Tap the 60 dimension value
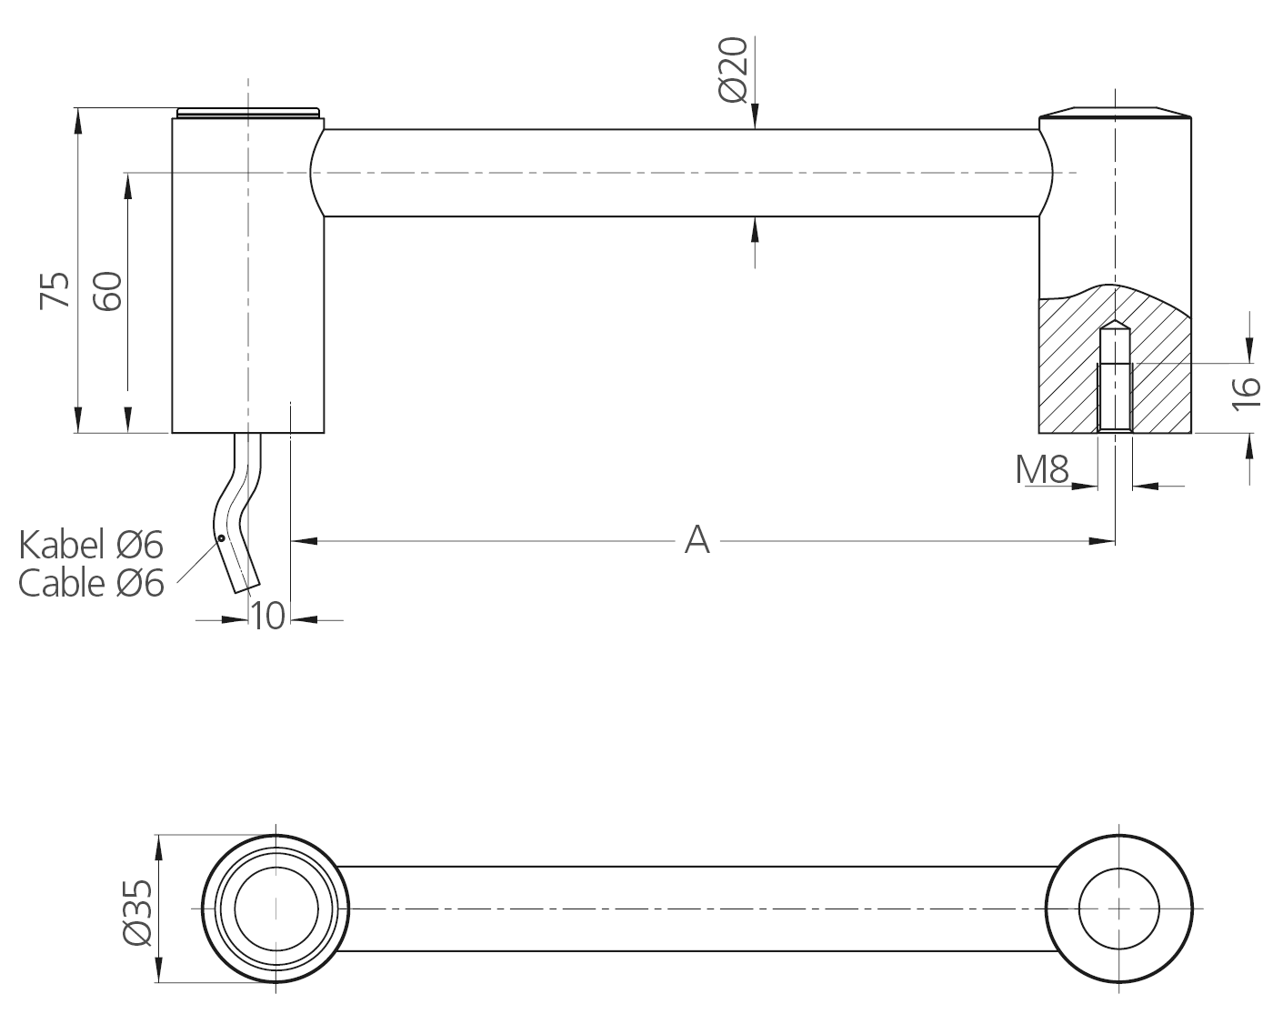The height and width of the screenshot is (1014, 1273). coord(108,290)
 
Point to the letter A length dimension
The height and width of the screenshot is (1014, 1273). coord(697,539)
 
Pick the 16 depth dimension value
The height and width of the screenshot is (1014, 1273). coord(1247,388)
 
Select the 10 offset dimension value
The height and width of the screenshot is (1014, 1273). coord(267,616)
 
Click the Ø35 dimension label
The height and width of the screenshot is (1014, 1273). coord(136,912)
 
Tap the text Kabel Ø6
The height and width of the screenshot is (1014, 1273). coord(91,545)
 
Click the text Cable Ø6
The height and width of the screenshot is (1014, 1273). coord(91,583)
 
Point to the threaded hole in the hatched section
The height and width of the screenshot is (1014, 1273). coord(1115,396)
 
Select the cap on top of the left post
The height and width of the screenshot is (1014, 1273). coord(248,112)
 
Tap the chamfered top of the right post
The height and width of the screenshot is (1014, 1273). coord(1115,112)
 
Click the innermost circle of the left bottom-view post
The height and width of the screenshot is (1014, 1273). coord(276,909)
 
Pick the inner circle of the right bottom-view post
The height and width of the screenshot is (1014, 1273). coord(1118,909)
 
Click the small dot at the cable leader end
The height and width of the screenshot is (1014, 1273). coord(220,538)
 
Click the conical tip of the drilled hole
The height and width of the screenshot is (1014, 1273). coord(1115,326)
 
